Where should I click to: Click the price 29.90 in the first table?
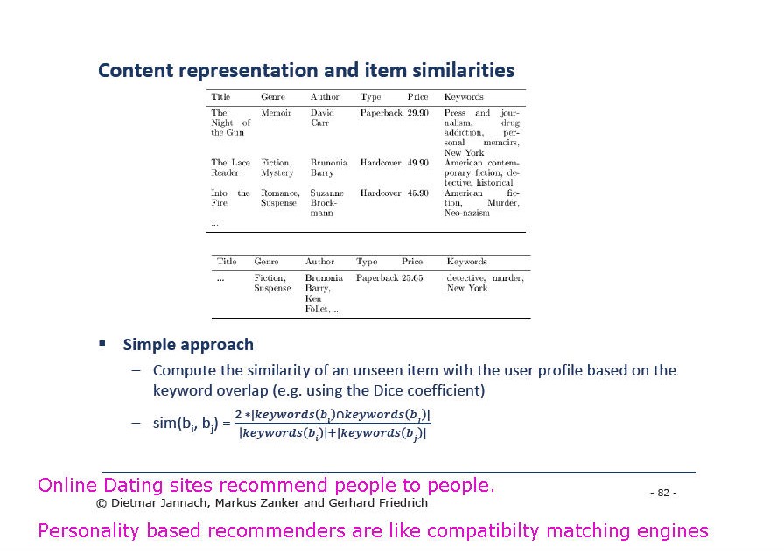(x=417, y=113)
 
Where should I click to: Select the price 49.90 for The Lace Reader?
(x=417, y=163)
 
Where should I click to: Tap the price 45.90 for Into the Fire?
(x=417, y=193)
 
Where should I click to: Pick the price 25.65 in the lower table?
(x=412, y=278)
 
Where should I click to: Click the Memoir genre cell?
(x=276, y=113)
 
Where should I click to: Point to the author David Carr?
(x=322, y=117)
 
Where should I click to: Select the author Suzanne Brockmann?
(x=326, y=203)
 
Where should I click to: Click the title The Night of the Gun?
(x=230, y=123)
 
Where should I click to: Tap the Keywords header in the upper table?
(x=464, y=97)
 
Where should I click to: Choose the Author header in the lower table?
(x=320, y=262)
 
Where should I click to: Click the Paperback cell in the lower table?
(x=377, y=278)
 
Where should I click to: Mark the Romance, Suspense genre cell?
(x=280, y=198)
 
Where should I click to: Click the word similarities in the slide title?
(x=463, y=70)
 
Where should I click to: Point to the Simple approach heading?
(x=188, y=345)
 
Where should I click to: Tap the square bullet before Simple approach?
(x=102, y=343)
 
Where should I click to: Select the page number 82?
(x=663, y=493)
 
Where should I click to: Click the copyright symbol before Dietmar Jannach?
(x=101, y=503)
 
